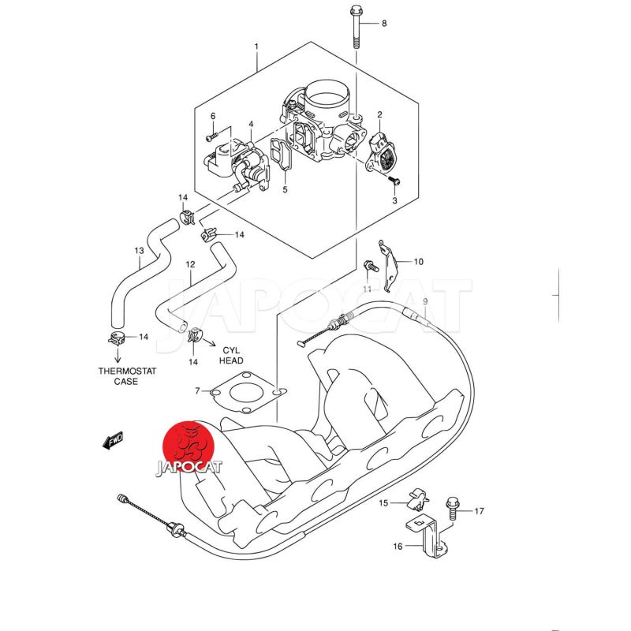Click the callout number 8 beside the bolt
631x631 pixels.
(384, 24)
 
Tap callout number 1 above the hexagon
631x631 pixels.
(256, 48)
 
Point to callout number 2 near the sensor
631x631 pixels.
(379, 115)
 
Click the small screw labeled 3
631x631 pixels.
(394, 181)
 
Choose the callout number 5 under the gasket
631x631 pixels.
(286, 189)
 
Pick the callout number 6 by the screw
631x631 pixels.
(212, 117)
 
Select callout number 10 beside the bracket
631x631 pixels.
(419, 261)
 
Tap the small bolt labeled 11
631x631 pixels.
(368, 267)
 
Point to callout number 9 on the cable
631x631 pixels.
(424, 302)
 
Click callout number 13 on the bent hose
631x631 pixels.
(139, 252)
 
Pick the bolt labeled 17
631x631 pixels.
(453, 506)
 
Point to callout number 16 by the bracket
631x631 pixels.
(397, 545)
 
